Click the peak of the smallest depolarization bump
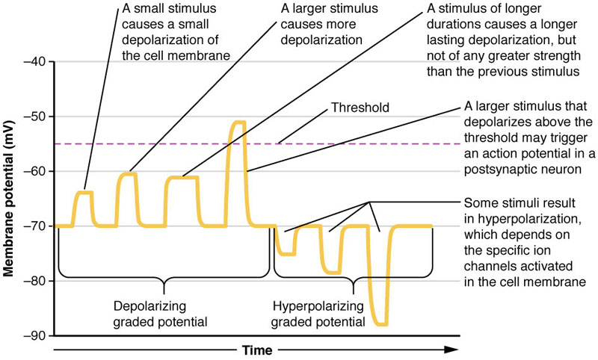click(84, 193)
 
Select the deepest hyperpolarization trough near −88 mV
click(382, 324)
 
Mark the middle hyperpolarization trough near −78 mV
click(333, 273)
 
